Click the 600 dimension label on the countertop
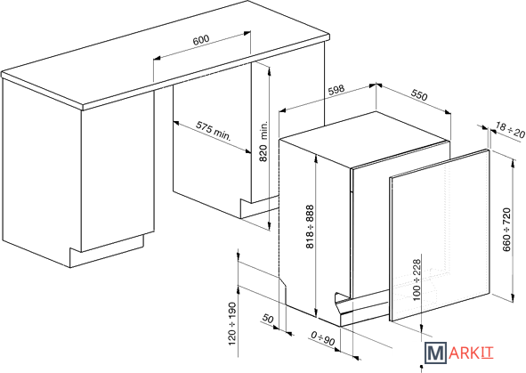click(201, 39)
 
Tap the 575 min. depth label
click(214, 131)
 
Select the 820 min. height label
click(264, 142)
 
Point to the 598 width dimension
click(336, 90)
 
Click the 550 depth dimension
click(419, 95)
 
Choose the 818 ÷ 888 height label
click(310, 227)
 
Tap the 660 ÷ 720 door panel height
click(506, 230)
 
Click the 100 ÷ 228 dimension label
click(417, 280)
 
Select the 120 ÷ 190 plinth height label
click(232, 324)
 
